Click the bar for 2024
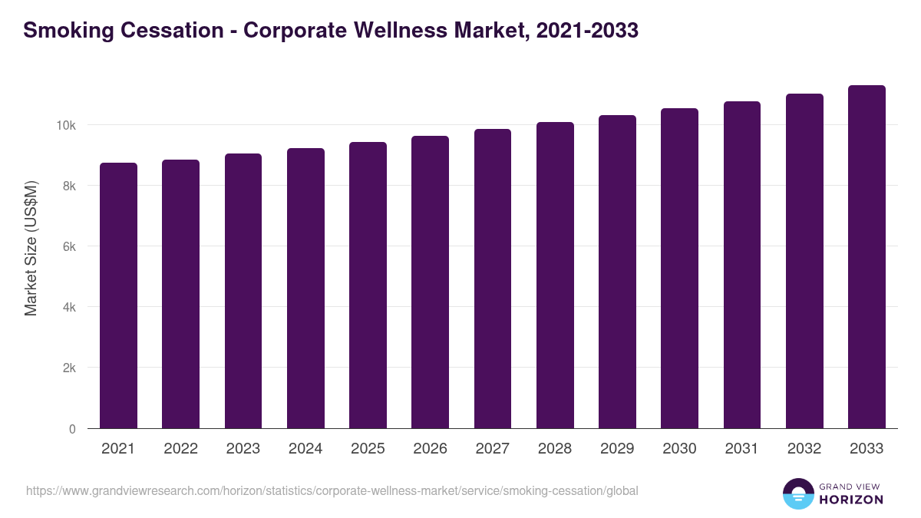(305, 289)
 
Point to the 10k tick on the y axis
(65, 125)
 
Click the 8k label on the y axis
(68, 186)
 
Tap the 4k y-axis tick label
(68, 307)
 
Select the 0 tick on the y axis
(72, 429)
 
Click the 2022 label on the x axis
(180, 449)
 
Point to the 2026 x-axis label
(430, 449)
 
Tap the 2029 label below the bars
(617, 449)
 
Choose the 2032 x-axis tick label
(804, 449)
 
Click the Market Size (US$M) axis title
(31, 247)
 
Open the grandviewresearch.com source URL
(332, 490)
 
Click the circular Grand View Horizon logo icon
(797, 493)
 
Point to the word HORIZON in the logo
(851, 500)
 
